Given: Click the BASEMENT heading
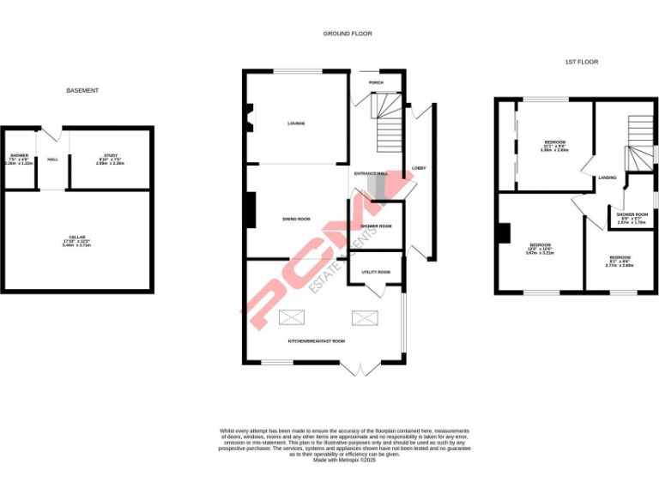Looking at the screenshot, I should tap(82, 90).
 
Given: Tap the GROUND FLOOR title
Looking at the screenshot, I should tap(348, 33).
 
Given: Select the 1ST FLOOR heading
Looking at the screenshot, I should tap(582, 62).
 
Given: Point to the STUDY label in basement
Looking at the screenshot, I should tap(111, 155).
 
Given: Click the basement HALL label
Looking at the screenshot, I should tap(52, 160).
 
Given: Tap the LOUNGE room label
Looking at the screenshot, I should tap(296, 123).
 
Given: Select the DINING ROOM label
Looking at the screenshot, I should tap(296, 220).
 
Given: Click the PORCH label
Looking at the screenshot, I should tap(376, 83).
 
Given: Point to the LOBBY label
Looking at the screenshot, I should tap(419, 167).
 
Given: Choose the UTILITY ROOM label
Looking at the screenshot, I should tap(376, 272).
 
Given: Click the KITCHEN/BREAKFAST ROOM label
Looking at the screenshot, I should tap(316, 341).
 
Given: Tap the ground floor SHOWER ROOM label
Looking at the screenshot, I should tap(376, 226).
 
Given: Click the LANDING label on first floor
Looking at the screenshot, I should tap(607, 177).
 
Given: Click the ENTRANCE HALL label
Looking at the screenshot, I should tap(369, 174).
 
